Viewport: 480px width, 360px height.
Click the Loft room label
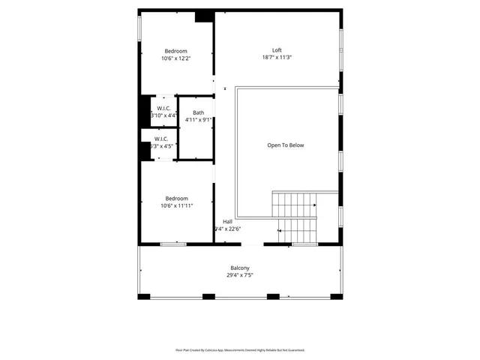click(x=277, y=50)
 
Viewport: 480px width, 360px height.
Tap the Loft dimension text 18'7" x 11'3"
click(x=277, y=58)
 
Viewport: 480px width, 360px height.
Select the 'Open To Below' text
click(x=286, y=145)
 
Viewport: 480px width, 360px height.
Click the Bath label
click(x=198, y=112)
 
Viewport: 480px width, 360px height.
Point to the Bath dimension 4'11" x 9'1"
click(x=198, y=120)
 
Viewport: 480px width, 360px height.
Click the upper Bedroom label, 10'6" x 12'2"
click(x=176, y=50)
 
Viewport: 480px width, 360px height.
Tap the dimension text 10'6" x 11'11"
click(x=176, y=205)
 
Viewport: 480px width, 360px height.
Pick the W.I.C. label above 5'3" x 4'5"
click(x=162, y=139)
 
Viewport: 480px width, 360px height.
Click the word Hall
click(x=227, y=221)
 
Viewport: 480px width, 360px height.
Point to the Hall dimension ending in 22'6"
click(x=227, y=229)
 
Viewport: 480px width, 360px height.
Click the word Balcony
click(x=240, y=268)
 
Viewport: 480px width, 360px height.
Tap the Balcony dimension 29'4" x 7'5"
click(x=240, y=275)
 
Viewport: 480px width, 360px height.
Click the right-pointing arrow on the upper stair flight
click(x=315, y=203)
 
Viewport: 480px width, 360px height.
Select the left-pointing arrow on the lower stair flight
click(x=280, y=230)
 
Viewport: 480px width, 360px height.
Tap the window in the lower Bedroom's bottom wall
click(x=173, y=244)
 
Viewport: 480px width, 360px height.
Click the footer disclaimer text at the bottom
click(x=240, y=349)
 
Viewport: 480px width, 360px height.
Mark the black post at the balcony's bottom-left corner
click(x=142, y=296)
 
